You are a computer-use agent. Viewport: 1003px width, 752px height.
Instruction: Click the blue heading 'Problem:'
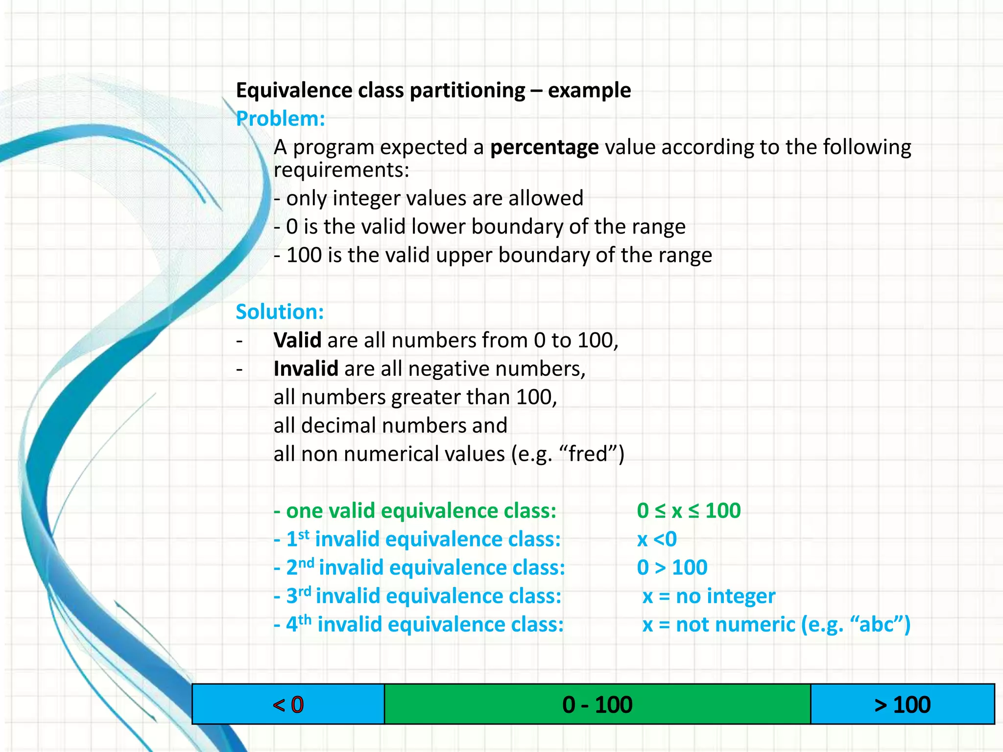[x=281, y=119]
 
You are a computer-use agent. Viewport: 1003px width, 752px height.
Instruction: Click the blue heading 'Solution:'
[x=280, y=312]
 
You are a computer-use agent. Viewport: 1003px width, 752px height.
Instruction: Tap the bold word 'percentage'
[x=544, y=147]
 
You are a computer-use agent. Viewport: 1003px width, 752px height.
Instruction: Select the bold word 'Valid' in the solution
[x=297, y=340]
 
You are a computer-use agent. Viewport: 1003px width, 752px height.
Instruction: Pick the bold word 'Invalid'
[x=306, y=369]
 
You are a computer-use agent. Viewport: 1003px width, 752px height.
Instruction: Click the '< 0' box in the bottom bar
[x=288, y=705]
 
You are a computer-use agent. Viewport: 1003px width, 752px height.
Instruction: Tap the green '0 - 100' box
[x=597, y=705]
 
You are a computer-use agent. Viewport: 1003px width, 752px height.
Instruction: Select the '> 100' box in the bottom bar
[x=902, y=705]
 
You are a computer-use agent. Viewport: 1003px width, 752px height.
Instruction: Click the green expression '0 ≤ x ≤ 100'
[x=689, y=511]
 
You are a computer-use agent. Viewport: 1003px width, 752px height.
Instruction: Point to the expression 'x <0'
[x=657, y=539]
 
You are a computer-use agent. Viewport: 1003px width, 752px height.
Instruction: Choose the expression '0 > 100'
[x=672, y=567]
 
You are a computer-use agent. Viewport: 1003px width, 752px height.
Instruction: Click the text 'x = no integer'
[x=709, y=596]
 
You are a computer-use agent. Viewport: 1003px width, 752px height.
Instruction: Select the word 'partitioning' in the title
[x=467, y=91]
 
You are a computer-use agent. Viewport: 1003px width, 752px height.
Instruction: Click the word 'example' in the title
[x=589, y=91]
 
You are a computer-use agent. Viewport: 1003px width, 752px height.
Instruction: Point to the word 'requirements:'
[x=341, y=170]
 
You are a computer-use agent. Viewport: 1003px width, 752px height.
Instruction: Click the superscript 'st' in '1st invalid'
[x=304, y=534]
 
